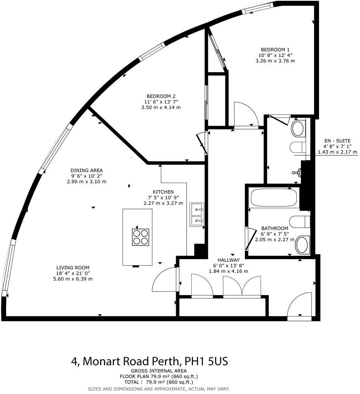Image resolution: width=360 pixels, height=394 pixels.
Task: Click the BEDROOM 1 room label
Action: [275, 49]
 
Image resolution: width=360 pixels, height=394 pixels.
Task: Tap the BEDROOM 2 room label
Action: [161, 96]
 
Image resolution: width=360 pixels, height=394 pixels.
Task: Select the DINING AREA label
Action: [87, 170]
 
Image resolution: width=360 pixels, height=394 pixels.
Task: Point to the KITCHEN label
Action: [163, 192]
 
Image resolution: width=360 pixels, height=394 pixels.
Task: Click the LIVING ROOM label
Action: [73, 268]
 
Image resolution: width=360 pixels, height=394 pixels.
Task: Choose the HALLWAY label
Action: [228, 260]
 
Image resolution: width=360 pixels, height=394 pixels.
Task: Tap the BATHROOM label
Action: [275, 228]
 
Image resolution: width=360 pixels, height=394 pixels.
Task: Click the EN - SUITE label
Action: [337, 141]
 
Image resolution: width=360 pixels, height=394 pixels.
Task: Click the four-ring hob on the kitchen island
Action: [140, 237]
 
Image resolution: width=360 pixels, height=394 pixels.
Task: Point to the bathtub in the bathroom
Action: [274, 197]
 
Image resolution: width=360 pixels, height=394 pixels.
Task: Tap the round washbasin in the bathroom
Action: [303, 245]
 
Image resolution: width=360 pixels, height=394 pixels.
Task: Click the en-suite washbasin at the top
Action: [298, 128]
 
